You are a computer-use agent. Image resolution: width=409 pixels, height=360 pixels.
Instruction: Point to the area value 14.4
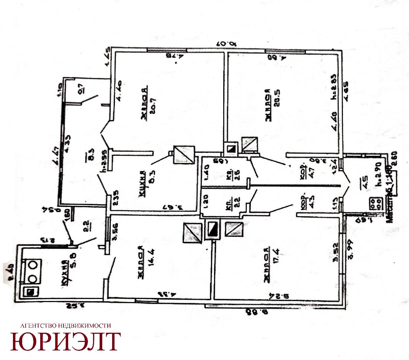pos(149,265)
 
